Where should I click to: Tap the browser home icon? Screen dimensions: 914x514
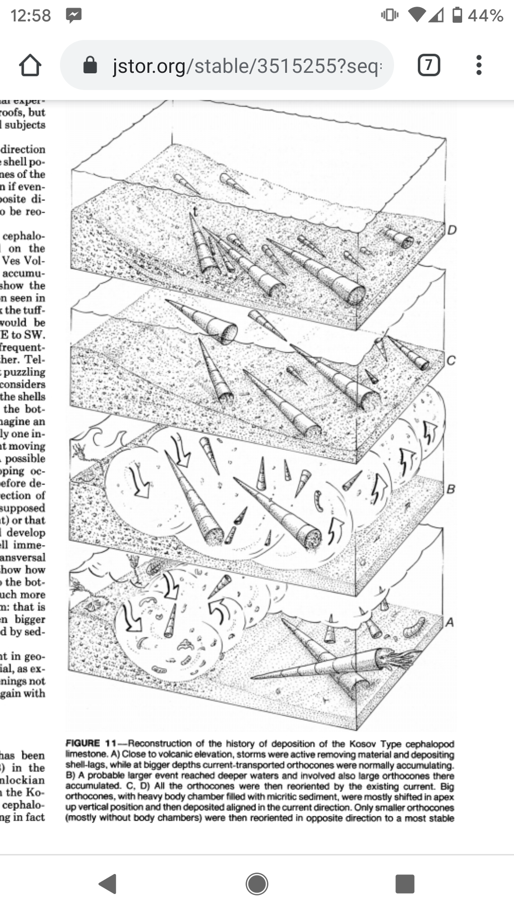(30, 65)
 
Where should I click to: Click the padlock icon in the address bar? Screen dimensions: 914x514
(90, 65)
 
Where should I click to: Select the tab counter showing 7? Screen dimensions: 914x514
(428, 65)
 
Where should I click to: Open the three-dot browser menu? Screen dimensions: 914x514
(479, 65)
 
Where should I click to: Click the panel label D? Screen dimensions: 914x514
(452, 230)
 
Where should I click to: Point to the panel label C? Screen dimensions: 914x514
(451, 360)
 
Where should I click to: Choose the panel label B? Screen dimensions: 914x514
(451, 489)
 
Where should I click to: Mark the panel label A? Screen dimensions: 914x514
(450, 622)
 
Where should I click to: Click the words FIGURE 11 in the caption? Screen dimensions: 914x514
(91, 744)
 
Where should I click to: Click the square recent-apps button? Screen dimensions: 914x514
(405, 884)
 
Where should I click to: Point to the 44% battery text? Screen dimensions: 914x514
(485, 16)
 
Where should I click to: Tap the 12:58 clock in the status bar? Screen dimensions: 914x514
(30, 16)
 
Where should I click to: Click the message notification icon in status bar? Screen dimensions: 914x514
(74, 16)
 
